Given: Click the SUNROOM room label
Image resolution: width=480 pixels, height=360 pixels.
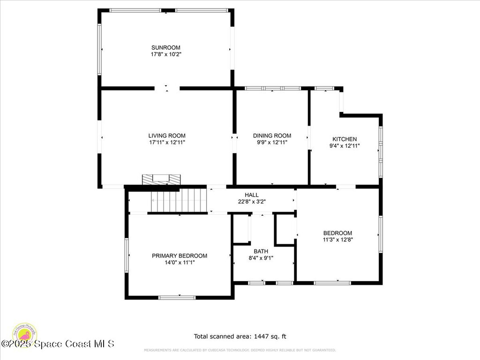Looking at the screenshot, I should pyautogui.click(x=165, y=47).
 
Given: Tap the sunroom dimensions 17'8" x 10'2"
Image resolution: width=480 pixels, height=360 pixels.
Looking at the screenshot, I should pyautogui.click(x=165, y=54).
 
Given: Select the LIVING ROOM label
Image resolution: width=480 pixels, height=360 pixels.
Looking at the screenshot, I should pyautogui.click(x=167, y=135).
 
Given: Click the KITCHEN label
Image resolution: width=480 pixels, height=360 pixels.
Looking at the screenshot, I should pyautogui.click(x=345, y=139).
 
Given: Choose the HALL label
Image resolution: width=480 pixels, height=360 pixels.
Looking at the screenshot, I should pyautogui.click(x=251, y=195).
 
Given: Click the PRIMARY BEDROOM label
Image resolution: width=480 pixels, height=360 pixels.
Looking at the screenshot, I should pyautogui.click(x=179, y=255).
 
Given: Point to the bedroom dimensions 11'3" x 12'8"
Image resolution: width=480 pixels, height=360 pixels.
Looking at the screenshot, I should pyautogui.click(x=337, y=240).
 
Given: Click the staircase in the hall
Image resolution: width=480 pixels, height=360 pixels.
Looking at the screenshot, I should pyautogui.click(x=178, y=200).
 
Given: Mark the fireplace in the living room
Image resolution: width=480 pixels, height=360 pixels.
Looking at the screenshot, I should pyautogui.click(x=161, y=179).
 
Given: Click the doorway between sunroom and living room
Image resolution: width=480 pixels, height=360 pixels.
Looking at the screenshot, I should pyautogui.click(x=167, y=88).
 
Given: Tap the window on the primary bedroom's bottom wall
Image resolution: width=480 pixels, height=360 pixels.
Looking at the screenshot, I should pyautogui.click(x=177, y=297).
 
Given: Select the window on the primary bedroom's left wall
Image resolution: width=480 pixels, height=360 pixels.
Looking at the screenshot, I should pyautogui.click(x=127, y=255).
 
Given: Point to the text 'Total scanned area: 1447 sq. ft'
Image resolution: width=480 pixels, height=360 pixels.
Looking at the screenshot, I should pyautogui.click(x=240, y=336).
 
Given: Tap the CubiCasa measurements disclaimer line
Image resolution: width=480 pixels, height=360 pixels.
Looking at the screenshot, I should pyautogui.click(x=240, y=350).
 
